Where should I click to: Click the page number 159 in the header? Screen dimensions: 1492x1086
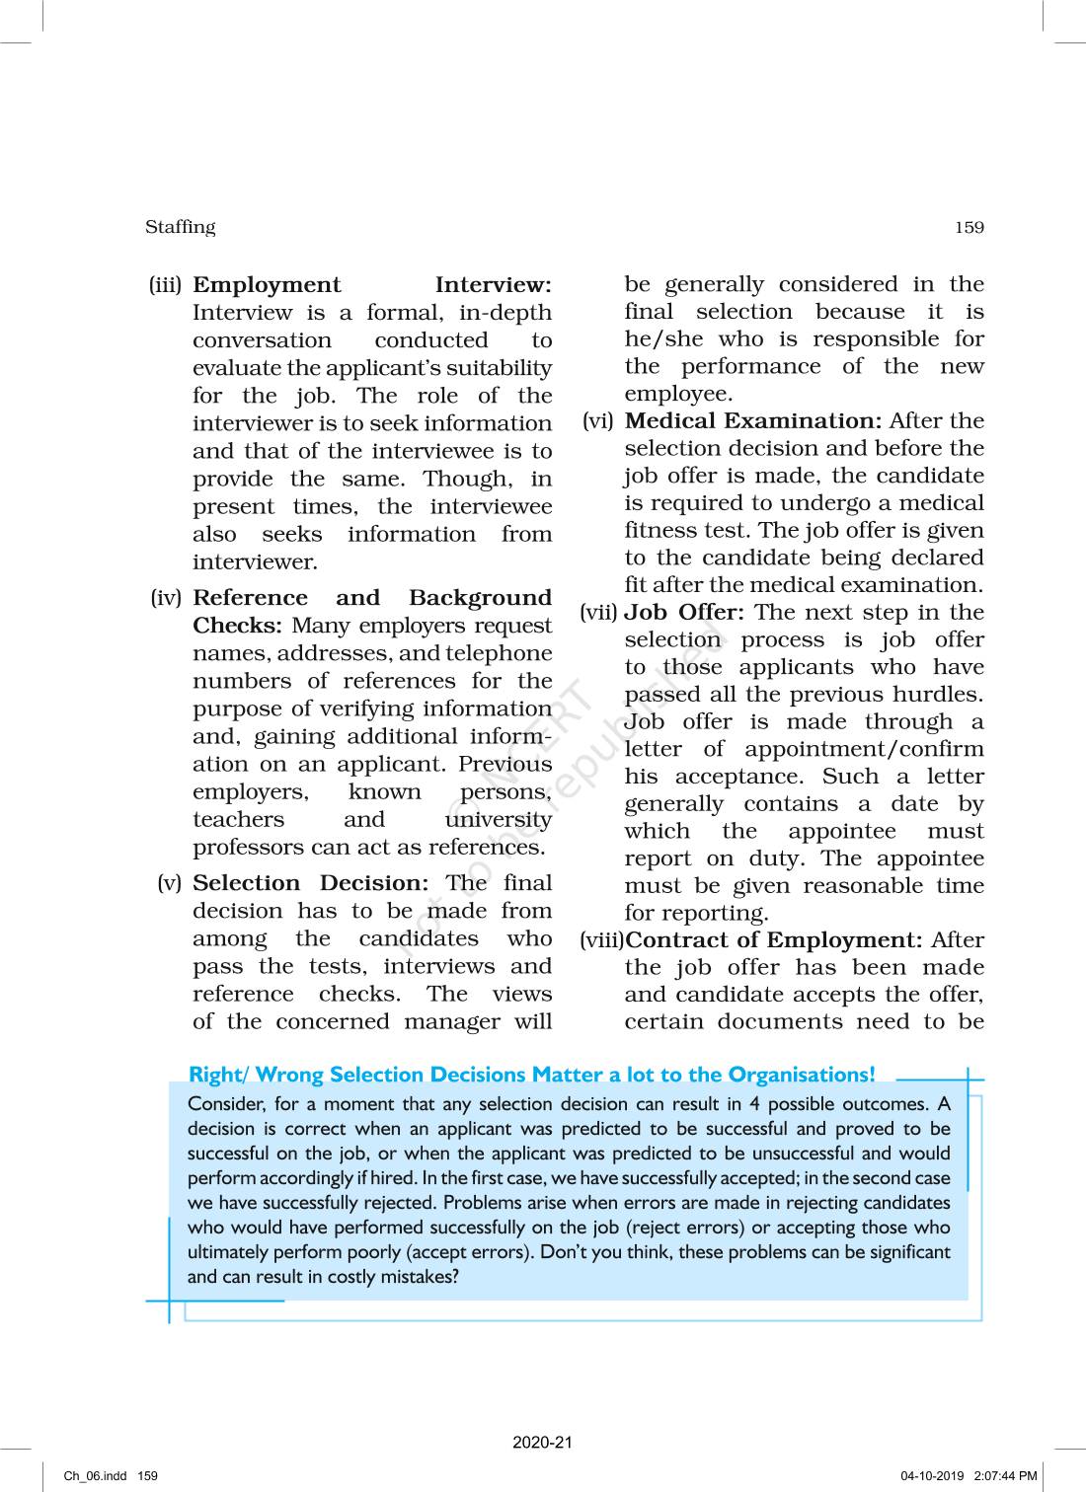click(x=969, y=228)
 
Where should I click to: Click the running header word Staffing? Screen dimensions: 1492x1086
click(x=180, y=227)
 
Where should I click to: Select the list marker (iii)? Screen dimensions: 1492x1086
click(x=165, y=285)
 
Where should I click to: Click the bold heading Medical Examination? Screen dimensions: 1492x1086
click(x=752, y=421)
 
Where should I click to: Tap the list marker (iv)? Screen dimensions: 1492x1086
click(x=166, y=598)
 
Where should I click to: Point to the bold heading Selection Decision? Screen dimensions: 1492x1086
click(x=310, y=883)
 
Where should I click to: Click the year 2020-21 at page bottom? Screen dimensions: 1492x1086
click(x=542, y=1443)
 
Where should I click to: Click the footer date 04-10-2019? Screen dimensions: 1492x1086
click(x=932, y=1476)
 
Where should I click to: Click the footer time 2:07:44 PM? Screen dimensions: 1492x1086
click(x=1005, y=1476)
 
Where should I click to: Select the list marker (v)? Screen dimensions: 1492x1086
click(x=170, y=883)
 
